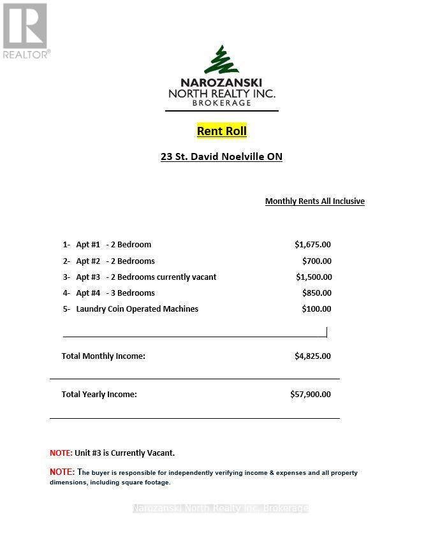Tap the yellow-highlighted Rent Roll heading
221,131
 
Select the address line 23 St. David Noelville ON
221,157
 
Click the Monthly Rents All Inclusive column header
314,201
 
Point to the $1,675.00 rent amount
312,245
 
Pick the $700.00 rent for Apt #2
316,261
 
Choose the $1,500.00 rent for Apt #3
314,277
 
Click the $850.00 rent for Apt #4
316,293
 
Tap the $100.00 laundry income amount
316,309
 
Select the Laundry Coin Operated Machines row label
137,309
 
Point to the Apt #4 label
88,293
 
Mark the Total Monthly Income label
103,356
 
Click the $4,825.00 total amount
312,356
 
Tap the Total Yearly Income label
99,395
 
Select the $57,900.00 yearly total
311,395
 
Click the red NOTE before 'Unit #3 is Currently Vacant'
61,453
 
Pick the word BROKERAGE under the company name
221,103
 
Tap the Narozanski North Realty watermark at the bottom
220,508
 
